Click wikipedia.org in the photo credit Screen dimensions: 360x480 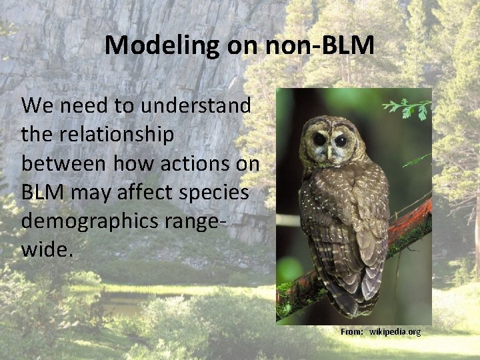395,331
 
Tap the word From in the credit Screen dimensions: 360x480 351,331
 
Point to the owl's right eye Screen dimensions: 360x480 341,141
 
